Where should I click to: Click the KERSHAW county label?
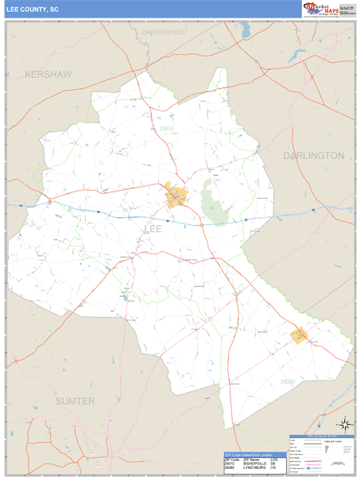[48, 74]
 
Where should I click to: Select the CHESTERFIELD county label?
[163, 32]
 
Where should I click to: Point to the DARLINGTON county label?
[314, 156]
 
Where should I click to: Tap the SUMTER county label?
[75, 401]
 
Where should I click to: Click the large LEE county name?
[154, 229]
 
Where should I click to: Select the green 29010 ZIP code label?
[165, 129]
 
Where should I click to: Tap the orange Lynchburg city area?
[300, 335]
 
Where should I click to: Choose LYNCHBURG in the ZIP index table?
[257, 468]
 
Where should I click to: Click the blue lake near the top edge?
[246, 29]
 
